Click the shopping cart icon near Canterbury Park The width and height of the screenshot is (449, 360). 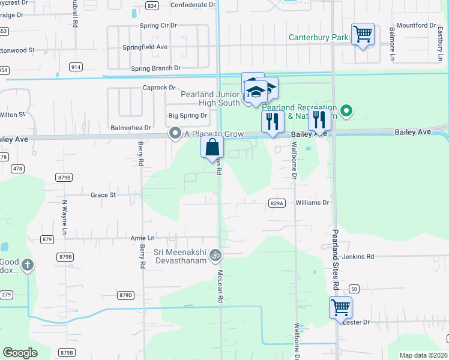pyautogui.click(x=363, y=34)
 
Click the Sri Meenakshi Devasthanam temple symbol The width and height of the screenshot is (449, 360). pyautogui.click(x=215, y=256)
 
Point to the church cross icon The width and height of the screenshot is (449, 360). pyautogui.click(x=26, y=264)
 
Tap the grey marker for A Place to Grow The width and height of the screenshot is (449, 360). pyautogui.click(x=175, y=133)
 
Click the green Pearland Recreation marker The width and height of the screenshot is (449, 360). pyautogui.click(x=346, y=110)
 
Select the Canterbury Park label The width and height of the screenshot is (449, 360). pyautogui.click(x=318, y=37)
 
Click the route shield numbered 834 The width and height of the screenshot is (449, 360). pyautogui.click(x=152, y=5)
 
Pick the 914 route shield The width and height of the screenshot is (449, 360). pyautogui.click(x=76, y=67)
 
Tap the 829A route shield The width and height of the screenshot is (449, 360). pyautogui.click(x=276, y=203)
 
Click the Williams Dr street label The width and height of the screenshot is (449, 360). pyautogui.click(x=313, y=203)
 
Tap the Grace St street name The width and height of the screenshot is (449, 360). pyautogui.click(x=103, y=195)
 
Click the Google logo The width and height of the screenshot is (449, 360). pyautogui.click(x=20, y=353)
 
